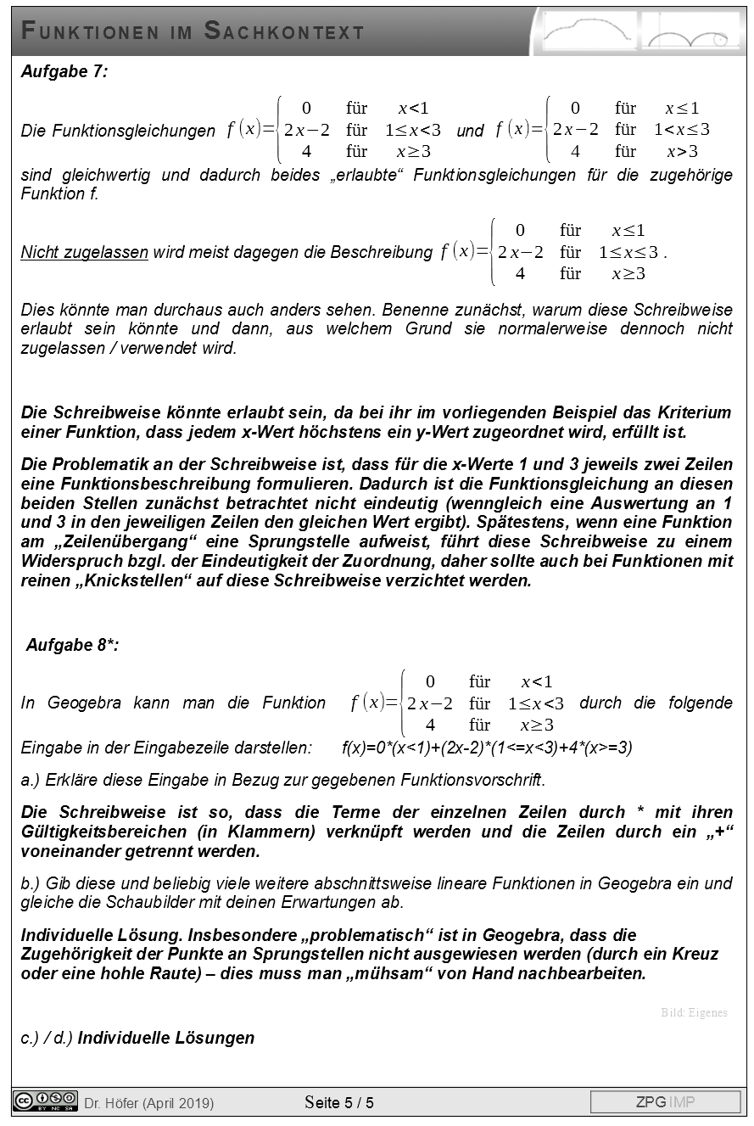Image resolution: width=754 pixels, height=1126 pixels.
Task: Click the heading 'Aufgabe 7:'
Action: pyautogui.click(x=64, y=72)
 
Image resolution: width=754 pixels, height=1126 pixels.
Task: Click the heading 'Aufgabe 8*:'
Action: pyautogui.click(x=73, y=645)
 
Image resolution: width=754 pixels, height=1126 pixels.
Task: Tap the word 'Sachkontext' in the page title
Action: pyautogui.click(x=284, y=32)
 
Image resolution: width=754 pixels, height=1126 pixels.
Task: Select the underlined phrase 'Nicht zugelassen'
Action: pyautogui.click(x=85, y=253)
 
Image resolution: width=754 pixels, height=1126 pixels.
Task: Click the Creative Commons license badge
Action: pyautogui.click(x=46, y=1101)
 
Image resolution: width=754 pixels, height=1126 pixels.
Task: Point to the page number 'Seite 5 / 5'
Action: pyautogui.click(x=339, y=1102)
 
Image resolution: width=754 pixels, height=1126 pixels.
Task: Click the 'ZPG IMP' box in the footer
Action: pyautogui.click(x=665, y=1102)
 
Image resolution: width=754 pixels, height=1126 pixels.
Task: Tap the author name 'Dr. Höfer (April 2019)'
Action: pyautogui.click(x=148, y=1103)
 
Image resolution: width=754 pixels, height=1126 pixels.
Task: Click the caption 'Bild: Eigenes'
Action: pyautogui.click(x=694, y=1012)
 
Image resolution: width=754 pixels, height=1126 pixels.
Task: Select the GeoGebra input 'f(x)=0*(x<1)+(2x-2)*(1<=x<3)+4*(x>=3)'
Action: pyautogui.click(x=487, y=748)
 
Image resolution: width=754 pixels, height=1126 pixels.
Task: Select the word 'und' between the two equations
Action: pyautogui.click(x=470, y=131)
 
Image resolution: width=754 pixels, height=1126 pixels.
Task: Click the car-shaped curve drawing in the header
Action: pyautogui.click(x=589, y=32)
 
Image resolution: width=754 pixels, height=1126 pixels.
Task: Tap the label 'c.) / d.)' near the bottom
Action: pyautogui.click(x=46, y=1038)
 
